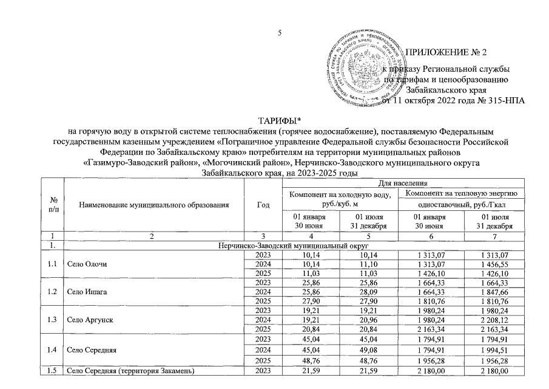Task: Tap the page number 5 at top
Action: pos(280,33)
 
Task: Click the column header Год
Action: pos(263,205)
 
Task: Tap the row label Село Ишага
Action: pos(87,292)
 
